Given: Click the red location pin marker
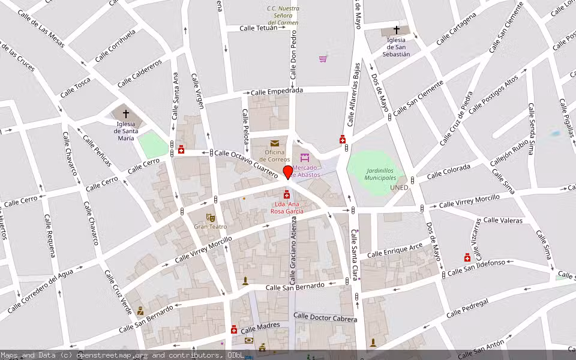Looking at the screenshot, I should [x=288, y=172].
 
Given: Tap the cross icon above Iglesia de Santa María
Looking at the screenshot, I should [x=126, y=113].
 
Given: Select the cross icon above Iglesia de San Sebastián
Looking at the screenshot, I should [x=396, y=29].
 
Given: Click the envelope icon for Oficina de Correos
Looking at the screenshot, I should [x=274, y=143].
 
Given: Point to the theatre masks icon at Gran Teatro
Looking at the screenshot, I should [x=210, y=217].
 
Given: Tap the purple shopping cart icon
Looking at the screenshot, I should [x=323, y=59].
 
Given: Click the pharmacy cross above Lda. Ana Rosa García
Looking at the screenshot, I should [x=287, y=194].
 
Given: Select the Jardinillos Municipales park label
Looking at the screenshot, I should [x=381, y=174].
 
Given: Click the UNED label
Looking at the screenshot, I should [x=399, y=188].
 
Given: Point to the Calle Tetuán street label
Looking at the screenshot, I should [x=259, y=28].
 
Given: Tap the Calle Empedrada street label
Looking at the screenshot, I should [x=277, y=91].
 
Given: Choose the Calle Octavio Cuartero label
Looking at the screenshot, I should [x=246, y=163].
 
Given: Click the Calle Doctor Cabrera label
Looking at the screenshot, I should [x=325, y=317].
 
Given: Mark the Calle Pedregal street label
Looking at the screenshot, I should [x=467, y=308].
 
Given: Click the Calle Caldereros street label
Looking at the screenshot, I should [x=140, y=73].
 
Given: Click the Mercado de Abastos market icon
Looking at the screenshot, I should [x=305, y=158].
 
